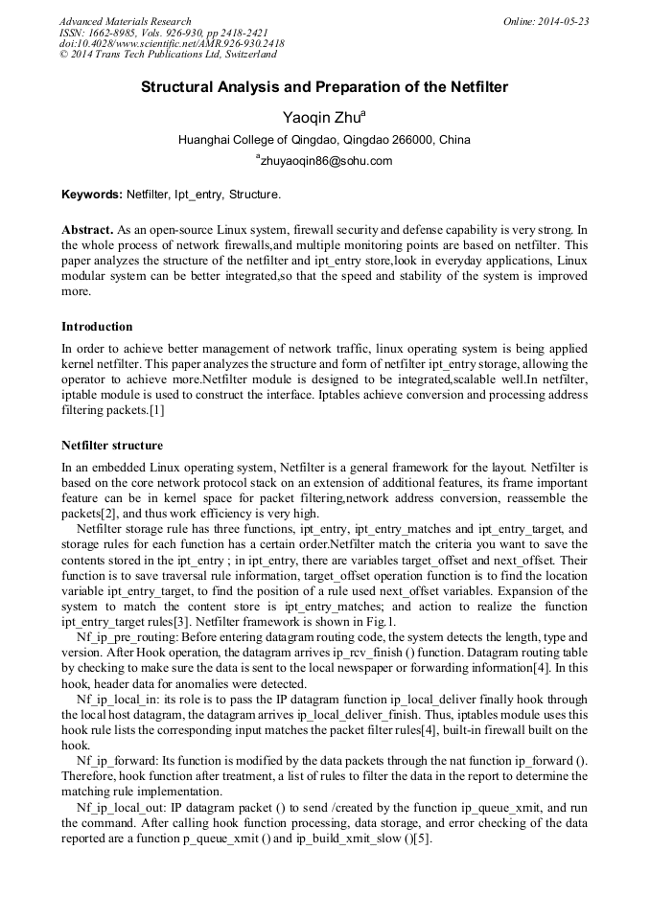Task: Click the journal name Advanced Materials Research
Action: (126, 21)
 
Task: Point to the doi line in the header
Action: (172, 44)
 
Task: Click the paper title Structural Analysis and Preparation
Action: (324, 87)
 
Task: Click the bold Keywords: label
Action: (92, 195)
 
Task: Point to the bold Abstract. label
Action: (88, 231)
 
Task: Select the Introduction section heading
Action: (97, 327)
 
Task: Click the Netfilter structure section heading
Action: (112, 446)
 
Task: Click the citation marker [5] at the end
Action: (423, 840)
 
